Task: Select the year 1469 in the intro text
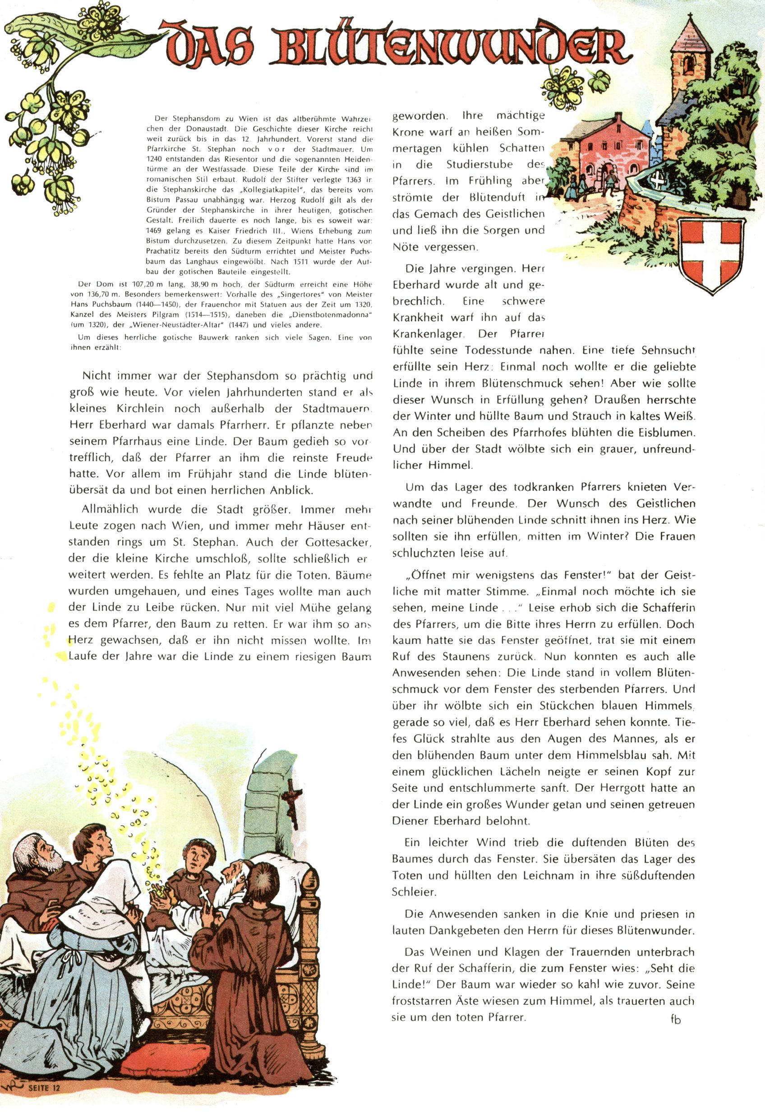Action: tap(156, 231)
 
